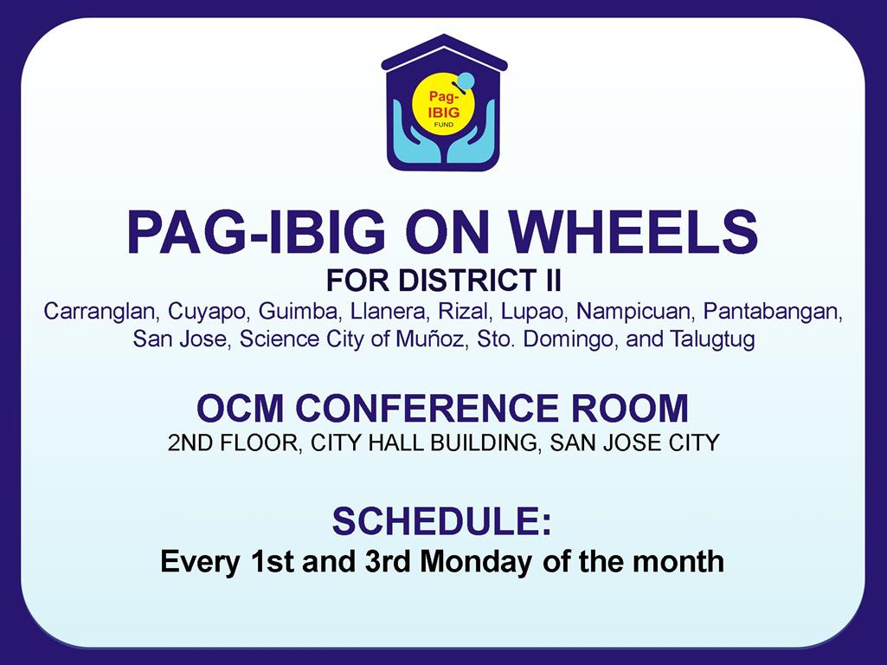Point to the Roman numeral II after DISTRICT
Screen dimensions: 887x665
click(553, 281)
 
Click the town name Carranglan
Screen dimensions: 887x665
click(99, 311)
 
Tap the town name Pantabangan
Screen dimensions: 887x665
click(773, 312)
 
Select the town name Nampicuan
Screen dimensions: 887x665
click(633, 312)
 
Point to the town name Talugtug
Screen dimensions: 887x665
click(712, 339)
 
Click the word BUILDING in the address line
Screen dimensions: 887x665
click(483, 442)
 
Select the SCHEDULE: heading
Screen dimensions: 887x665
click(442, 521)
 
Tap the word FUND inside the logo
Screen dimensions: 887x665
click(443, 124)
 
